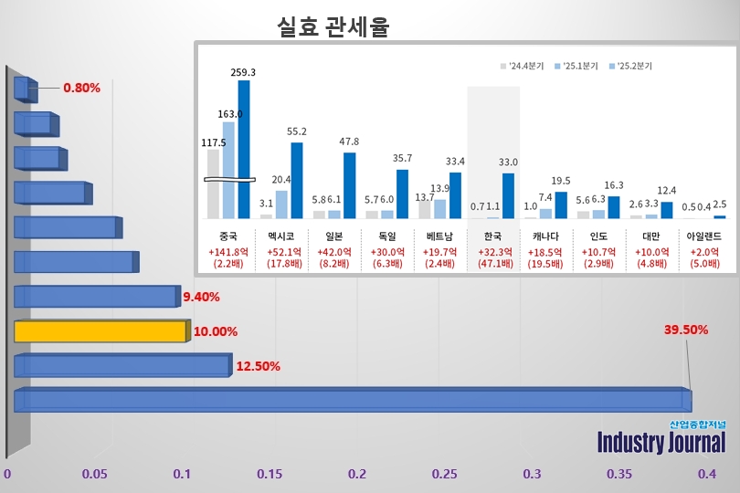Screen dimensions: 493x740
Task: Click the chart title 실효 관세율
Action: click(x=333, y=28)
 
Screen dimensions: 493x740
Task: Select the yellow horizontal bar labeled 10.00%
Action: click(x=100, y=330)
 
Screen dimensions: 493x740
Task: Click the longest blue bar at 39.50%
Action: click(x=351, y=400)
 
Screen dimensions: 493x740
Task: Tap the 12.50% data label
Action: click(x=258, y=366)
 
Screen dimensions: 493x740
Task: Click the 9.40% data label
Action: click(x=201, y=297)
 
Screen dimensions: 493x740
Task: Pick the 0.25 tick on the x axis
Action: click(x=445, y=474)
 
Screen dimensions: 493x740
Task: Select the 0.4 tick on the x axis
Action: click(x=707, y=474)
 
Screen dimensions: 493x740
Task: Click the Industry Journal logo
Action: click(x=661, y=439)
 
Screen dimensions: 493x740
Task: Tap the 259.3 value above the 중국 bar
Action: click(x=245, y=71)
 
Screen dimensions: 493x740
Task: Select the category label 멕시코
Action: click(x=283, y=235)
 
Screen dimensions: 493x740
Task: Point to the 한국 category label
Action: click(x=494, y=235)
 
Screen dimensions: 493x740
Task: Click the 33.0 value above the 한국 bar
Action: click(x=509, y=163)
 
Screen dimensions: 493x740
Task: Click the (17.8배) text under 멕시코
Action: click(x=283, y=264)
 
